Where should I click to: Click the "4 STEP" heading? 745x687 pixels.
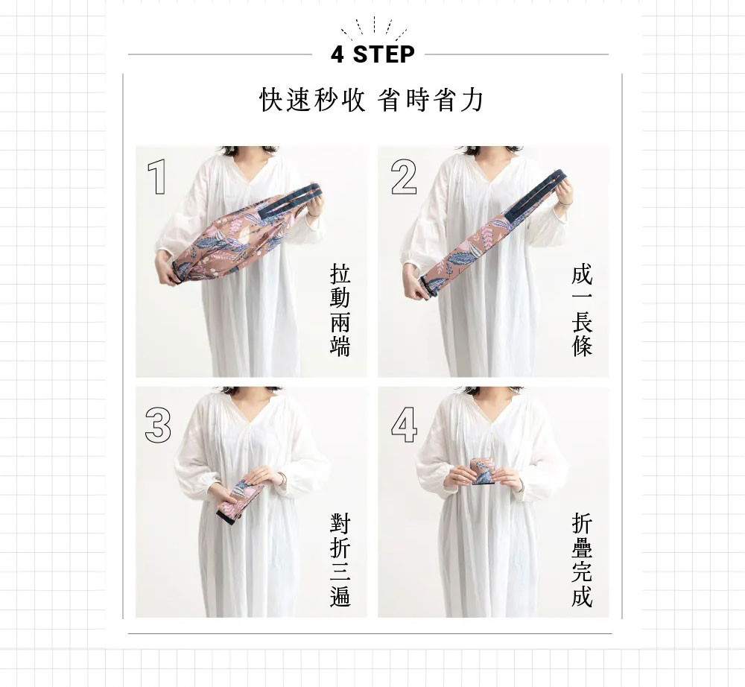[372, 54]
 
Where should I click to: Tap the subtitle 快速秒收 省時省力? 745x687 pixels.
[372, 100]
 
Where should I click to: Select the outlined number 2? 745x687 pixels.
[404, 177]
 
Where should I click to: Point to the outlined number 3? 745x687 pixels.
[158, 425]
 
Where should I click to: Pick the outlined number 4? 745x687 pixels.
[404, 425]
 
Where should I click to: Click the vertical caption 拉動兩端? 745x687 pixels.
[340, 311]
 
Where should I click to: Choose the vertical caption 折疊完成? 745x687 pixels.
[582, 560]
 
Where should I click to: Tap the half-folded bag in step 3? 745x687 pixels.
[239, 501]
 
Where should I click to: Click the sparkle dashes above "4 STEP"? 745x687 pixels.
[374, 28]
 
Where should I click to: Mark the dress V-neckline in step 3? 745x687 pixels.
[252, 418]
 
